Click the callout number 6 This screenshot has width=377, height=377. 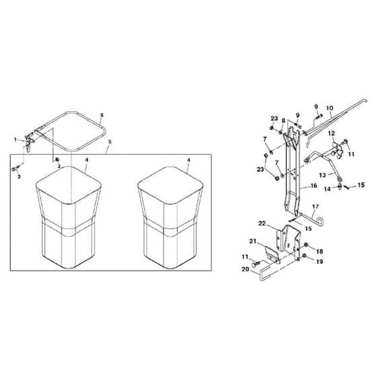pyautogui.click(x=102, y=115)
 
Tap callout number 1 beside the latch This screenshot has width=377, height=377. pyautogui.click(x=15, y=139)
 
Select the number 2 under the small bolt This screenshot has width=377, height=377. pyautogui.click(x=19, y=176)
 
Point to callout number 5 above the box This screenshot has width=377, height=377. pyautogui.click(x=110, y=142)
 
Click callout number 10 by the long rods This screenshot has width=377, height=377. pyautogui.click(x=329, y=108)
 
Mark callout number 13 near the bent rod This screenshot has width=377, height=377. pyautogui.click(x=322, y=175)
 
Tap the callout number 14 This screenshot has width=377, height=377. pyautogui.click(x=327, y=189)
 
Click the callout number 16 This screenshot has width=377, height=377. pyautogui.click(x=314, y=186)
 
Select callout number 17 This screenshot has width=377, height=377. pyautogui.click(x=315, y=207)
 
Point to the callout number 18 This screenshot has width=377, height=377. pyautogui.click(x=320, y=252)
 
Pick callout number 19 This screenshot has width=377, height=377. pyautogui.click(x=319, y=262)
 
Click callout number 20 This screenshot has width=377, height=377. pyautogui.click(x=245, y=269)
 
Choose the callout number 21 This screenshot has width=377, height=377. pyautogui.click(x=252, y=241)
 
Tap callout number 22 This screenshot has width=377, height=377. pyautogui.click(x=262, y=224)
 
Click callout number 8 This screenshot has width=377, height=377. pyautogui.click(x=283, y=121)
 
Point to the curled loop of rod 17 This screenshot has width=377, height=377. pyautogui.click(x=320, y=221)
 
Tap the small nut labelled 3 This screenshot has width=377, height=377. pyautogui.click(x=57, y=160)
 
